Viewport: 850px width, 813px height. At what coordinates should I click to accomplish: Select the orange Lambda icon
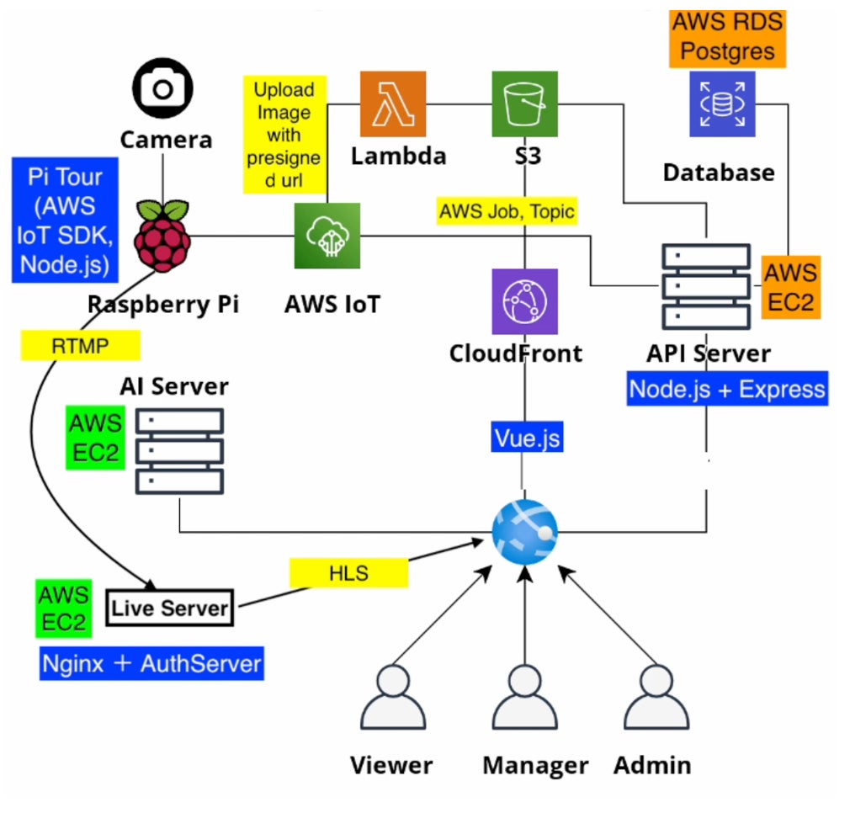pyautogui.click(x=393, y=104)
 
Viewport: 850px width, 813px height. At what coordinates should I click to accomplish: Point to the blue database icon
pyautogui.click(x=722, y=104)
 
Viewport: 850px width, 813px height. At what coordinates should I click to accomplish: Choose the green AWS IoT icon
pyautogui.click(x=327, y=236)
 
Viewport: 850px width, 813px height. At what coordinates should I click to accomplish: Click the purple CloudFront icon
pyautogui.click(x=525, y=301)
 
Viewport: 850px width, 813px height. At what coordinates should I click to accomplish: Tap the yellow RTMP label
pyautogui.click(x=80, y=345)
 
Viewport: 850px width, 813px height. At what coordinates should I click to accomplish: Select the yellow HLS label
pyautogui.click(x=348, y=572)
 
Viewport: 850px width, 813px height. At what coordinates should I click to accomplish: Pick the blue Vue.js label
pyautogui.click(x=527, y=438)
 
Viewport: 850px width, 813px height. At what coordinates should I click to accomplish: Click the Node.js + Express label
pyautogui.click(x=727, y=389)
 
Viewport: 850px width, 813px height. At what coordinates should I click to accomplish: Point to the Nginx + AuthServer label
pyautogui.click(x=152, y=663)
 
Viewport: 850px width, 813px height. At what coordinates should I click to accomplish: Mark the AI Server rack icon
pyautogui.click(x=178, y=452)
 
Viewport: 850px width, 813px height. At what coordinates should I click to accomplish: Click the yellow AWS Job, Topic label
pyautogui.click(x=507, y=210)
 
